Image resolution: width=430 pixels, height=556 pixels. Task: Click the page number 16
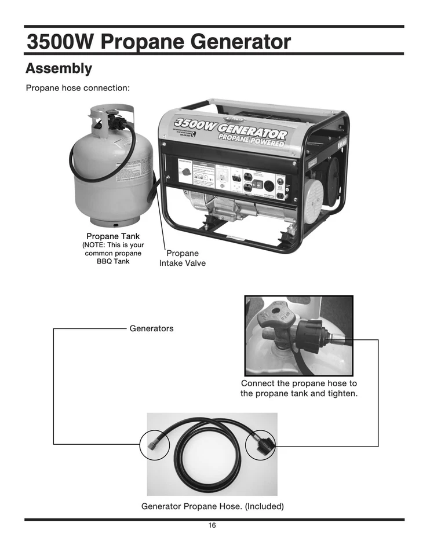[x=212, y=525]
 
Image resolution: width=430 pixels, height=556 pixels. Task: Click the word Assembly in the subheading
[x=59, y=68]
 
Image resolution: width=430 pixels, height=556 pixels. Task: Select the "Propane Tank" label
[x=112, y=236]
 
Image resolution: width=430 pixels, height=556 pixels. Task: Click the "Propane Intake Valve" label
[x=183, y=258]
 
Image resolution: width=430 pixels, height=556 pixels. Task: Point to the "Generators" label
[x=151, y=328]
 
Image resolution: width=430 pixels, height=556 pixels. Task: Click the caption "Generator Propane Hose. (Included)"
[x=213, y=506]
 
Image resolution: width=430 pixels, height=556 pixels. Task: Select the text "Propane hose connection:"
[x=77, y=88]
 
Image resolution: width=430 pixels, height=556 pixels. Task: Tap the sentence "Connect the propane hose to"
[x=298, y=383]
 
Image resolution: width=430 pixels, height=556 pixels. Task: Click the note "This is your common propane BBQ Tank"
[x=112, y=253]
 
